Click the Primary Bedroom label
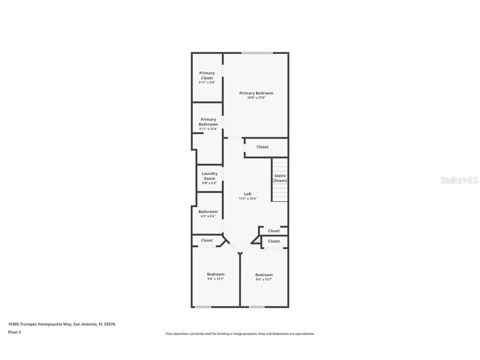coord(256,93)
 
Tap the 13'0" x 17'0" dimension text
coord(256,98)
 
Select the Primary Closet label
coord(207,75)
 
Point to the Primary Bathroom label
coord(208,122)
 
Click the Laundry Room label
coord(209,176)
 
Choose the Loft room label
coord(247,194)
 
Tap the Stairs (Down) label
coord(280,178)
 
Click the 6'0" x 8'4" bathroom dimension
coord(207,216)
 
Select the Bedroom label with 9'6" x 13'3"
coord(215,274)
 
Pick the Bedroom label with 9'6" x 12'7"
coord(264,275)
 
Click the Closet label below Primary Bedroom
coord(262,147)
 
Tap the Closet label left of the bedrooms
coord(207,240)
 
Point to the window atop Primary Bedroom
coord(257,53)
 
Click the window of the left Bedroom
coord(203,307)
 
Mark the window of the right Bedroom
coord(257,307)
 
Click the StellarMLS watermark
coord(459,180)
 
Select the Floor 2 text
coord(14,332)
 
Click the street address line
coord(61,324)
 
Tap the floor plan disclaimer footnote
coord(240,334)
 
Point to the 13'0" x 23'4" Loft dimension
coord(247,199)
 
